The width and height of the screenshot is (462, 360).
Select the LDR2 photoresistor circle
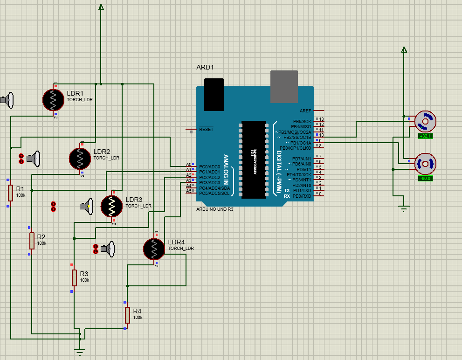click(80, 159)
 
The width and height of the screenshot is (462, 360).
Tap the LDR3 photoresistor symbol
click(112, 206)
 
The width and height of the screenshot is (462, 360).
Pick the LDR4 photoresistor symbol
click(154, 249)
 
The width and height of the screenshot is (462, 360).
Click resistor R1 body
click(10, 192)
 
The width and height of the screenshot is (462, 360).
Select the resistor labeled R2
click(32, 241)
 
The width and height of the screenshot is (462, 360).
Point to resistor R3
click(74, 277)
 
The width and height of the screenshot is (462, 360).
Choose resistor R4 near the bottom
click(127, 315)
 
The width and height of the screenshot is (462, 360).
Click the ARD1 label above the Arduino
click(205, 67)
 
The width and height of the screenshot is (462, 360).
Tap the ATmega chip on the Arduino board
click(254, 159)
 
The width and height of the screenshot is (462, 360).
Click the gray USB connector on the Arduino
click(284, 87)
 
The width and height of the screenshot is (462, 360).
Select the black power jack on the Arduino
click(214, 94)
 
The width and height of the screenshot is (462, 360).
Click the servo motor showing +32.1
click(425, 122)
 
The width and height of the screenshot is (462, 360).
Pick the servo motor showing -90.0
click(425, 164)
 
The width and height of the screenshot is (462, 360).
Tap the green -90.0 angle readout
click(425, 178)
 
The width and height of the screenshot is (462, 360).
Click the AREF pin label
click(305, 111)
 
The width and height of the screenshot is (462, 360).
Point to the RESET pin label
click(206, 129)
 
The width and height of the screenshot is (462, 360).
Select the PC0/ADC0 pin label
click(209, 166)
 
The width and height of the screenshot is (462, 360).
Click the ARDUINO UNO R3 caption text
click(215, 209)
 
